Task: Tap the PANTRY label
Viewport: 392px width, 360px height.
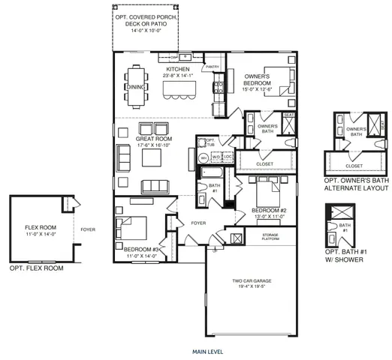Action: pos(212,67)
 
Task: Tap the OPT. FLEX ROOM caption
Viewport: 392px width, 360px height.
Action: pos(36,268)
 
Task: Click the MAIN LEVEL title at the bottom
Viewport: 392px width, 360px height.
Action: pos(207,351)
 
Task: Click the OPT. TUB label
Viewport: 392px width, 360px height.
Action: pos(210,142)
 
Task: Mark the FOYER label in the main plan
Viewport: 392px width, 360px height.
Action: pos(198,223)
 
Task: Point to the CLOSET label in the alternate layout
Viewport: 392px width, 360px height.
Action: pos(355,166)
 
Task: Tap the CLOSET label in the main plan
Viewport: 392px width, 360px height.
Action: pos(264,163)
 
